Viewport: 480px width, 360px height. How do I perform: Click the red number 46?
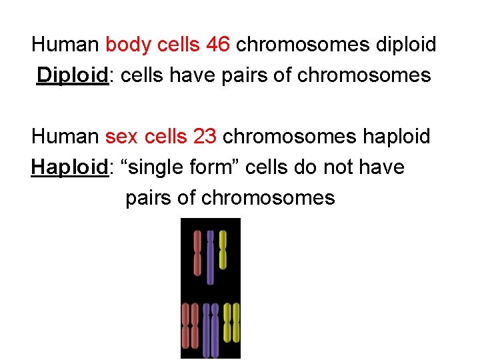pyautogui.click(x=219, y=45)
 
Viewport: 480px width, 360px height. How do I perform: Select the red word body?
pyautogui.click(x=128, y=45)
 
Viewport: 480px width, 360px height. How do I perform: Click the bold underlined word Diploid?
pyautogui.click(x=72, y=75)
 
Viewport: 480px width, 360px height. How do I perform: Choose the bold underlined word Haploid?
pyautogui.click(x=69, y=167)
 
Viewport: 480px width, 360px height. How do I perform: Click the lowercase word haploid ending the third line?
pyautogui.click(x=394, y=137)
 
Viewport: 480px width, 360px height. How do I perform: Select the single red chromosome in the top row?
pyautogui.click(x=197, y=253)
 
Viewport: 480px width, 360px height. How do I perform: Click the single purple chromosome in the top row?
pyautogui.click(x=210, y=257)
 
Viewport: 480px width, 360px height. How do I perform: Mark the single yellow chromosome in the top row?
pyautogui.click(x=223, y=250)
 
